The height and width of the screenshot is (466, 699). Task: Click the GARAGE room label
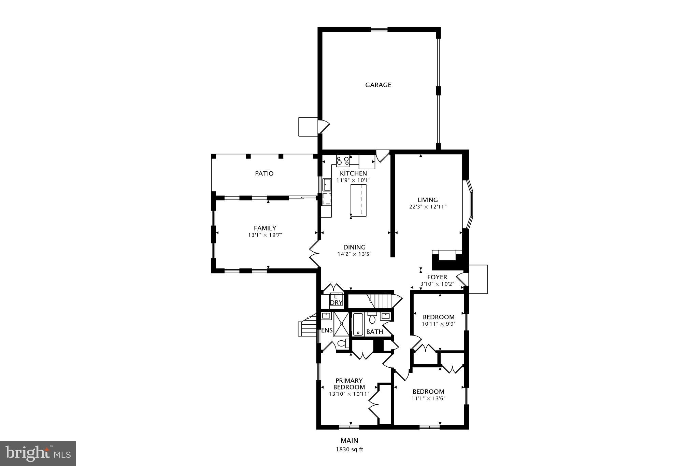[x=378, y=85]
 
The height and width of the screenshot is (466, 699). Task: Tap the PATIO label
[x=264, y=173]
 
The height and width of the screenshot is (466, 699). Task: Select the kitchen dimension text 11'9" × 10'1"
[x=353, y=180]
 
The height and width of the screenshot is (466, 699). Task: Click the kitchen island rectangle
[x=358, y=200]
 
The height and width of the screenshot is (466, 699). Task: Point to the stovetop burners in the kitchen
[x=343, y=160]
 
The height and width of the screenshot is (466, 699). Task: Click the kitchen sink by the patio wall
[x=327, y=185]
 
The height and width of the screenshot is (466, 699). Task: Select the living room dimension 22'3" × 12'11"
[x=428, y=207]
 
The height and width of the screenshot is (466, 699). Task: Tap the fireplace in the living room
[x=447, y=259]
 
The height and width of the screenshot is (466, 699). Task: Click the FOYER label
[x=437, y=277]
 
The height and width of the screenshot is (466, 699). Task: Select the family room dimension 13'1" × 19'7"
[x=265, y=235]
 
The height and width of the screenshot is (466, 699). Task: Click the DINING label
[x=354, y=247]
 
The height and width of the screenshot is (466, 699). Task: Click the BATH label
[x=374, y=331]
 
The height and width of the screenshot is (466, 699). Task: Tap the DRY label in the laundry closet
[x=336, y=302]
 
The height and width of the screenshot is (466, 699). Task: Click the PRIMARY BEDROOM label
[x=349, y=384]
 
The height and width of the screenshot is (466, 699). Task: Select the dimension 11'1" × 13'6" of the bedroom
[x=428, y=398]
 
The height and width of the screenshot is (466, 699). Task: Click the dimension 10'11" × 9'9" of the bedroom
[x=439, y=324]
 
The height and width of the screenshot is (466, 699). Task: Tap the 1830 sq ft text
[x=349, y=450]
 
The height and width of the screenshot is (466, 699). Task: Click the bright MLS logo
[x=38, y=453]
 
